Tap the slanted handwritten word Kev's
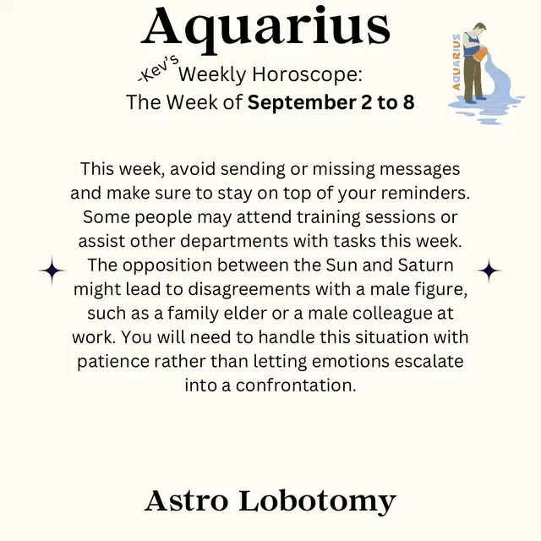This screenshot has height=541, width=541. click(158, 69)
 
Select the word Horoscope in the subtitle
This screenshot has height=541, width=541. click(307, 74)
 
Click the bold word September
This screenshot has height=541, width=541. click(302, 103)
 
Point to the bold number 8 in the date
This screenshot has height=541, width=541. click(408, 102)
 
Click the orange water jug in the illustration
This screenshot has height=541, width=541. click(482, 53)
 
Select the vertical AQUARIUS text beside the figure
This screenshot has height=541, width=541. click(456, 62)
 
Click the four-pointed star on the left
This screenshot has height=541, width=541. click(52, 270)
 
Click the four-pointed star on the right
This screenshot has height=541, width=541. click(489, 270)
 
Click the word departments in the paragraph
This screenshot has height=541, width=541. click(234, 242)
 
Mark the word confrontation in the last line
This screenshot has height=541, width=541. click(296, 385)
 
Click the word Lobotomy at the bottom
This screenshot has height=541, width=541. click(318, 501)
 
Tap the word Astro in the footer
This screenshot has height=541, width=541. click(187, 501)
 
